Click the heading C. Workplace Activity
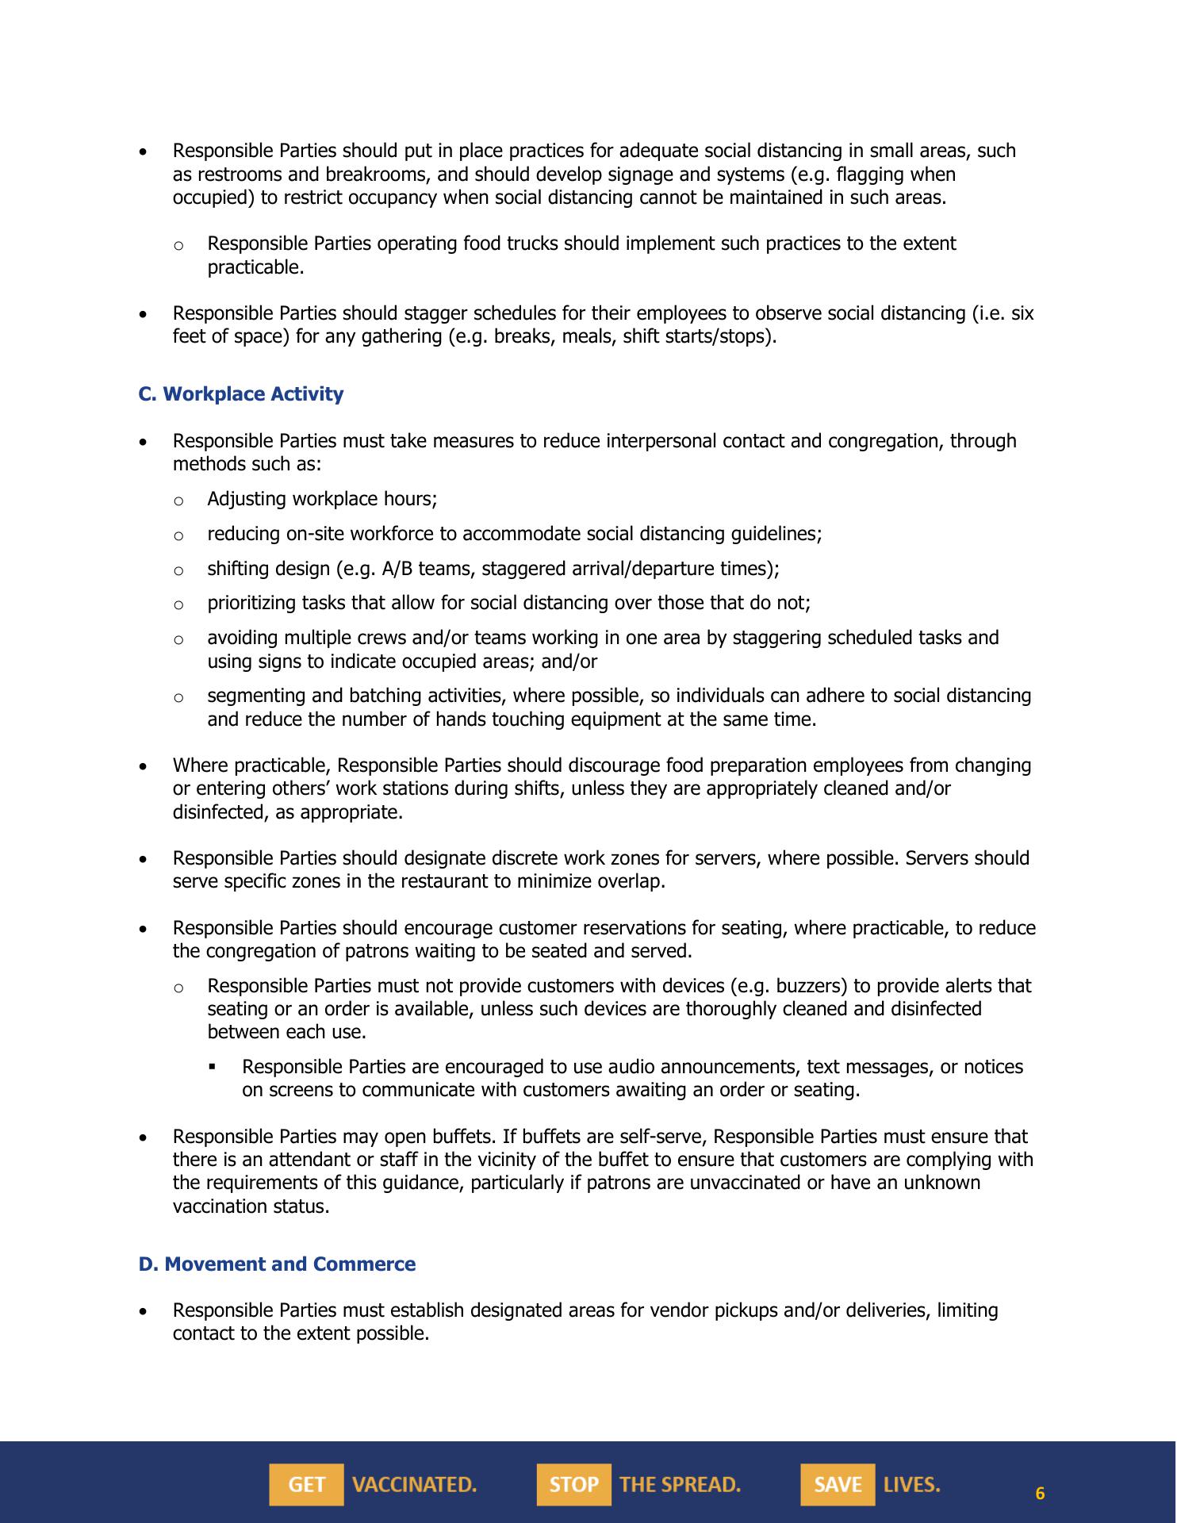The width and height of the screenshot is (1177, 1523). [x=240, y=394]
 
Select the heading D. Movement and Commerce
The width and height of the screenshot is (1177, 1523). [x=277, y=1264]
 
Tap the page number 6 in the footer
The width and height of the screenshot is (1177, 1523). [x=1040, y=1494]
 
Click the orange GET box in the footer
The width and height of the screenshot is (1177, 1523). [x=306, y=1484]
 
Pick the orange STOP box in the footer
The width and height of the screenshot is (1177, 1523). [x=573, y=1484]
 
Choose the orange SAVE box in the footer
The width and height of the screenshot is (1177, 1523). [x=838, y=1484]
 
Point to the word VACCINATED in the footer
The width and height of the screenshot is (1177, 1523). [x=414, y=1484]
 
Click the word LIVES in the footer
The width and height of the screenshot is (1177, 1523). [x=911, y=1484]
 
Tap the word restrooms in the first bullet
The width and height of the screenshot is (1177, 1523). [x=236, y=175]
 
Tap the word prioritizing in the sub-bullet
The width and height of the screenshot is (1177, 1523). [x=251, y=603]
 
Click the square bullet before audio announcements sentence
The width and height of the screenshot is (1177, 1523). [x=213, y=1068]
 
